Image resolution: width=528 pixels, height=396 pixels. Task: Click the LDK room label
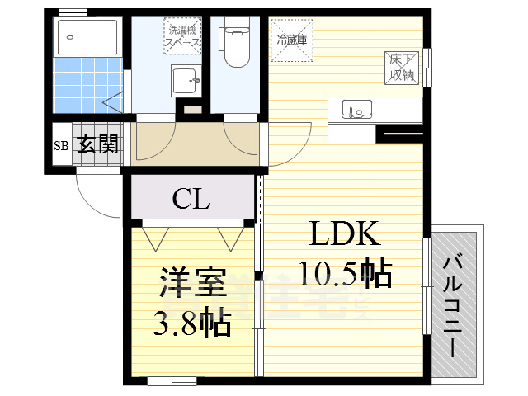pyautogui.click(x=345, y=235)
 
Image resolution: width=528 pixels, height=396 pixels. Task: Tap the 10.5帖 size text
pyautogui.click(x=345, y=273)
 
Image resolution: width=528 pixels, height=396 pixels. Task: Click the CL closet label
pyautogui.click(x=191, y=200)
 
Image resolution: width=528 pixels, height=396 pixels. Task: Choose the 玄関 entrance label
pyautogui.click(x=98, y=145)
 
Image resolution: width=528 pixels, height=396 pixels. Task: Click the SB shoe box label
pyautogui.click(x=62, y=147)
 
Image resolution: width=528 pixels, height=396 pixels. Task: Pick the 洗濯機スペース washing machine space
pyautogui.click(x=181, y=36)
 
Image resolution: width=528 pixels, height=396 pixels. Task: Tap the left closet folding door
pyautogui.click(x=153, y=238)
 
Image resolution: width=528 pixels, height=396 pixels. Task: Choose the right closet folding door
pyautogui.click(x=229, y=238)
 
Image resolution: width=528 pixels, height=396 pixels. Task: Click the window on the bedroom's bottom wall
pyautogui.click(x=172, y=381)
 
